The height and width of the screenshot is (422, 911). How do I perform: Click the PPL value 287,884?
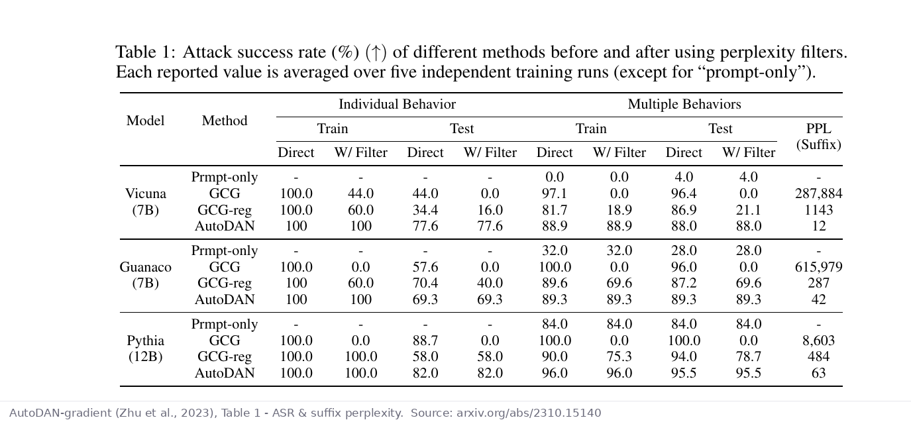tap(818, 193)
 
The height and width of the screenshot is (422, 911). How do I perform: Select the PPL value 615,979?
tap(818, 267)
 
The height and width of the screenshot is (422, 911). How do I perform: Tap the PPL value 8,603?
tap(818, 341)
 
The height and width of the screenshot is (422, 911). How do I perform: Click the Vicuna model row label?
tap(145, 201)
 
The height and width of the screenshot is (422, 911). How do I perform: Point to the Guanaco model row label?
tap(145, 275)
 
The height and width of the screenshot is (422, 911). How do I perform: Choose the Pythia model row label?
tap(145, 348)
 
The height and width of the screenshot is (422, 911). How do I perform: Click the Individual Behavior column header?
tap(397, 104)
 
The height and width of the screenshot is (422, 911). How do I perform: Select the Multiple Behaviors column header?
tap(684, 104)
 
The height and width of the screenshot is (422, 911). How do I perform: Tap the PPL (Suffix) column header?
tap(818, 136)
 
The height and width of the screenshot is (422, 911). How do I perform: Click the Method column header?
tap(225, 121)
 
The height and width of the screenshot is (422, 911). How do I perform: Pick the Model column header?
tap(145, 121)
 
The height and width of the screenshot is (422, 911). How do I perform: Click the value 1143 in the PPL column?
tap(818, 210)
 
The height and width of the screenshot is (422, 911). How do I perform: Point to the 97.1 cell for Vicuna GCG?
tap(555, 193)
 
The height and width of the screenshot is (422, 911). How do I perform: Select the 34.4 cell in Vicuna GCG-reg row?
tap(425, 210)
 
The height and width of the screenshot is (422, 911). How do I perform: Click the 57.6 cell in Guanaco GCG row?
tap(425, 267)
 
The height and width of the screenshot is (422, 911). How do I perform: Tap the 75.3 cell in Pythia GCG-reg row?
tap(619, 356)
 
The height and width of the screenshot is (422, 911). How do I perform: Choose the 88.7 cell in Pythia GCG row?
tap(425, 341)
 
